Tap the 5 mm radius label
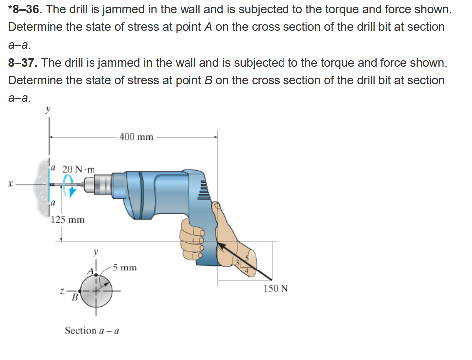click(124, 268)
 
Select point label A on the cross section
click(90, 272)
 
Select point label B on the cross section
click(74, 298)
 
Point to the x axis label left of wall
click(9, 184)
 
